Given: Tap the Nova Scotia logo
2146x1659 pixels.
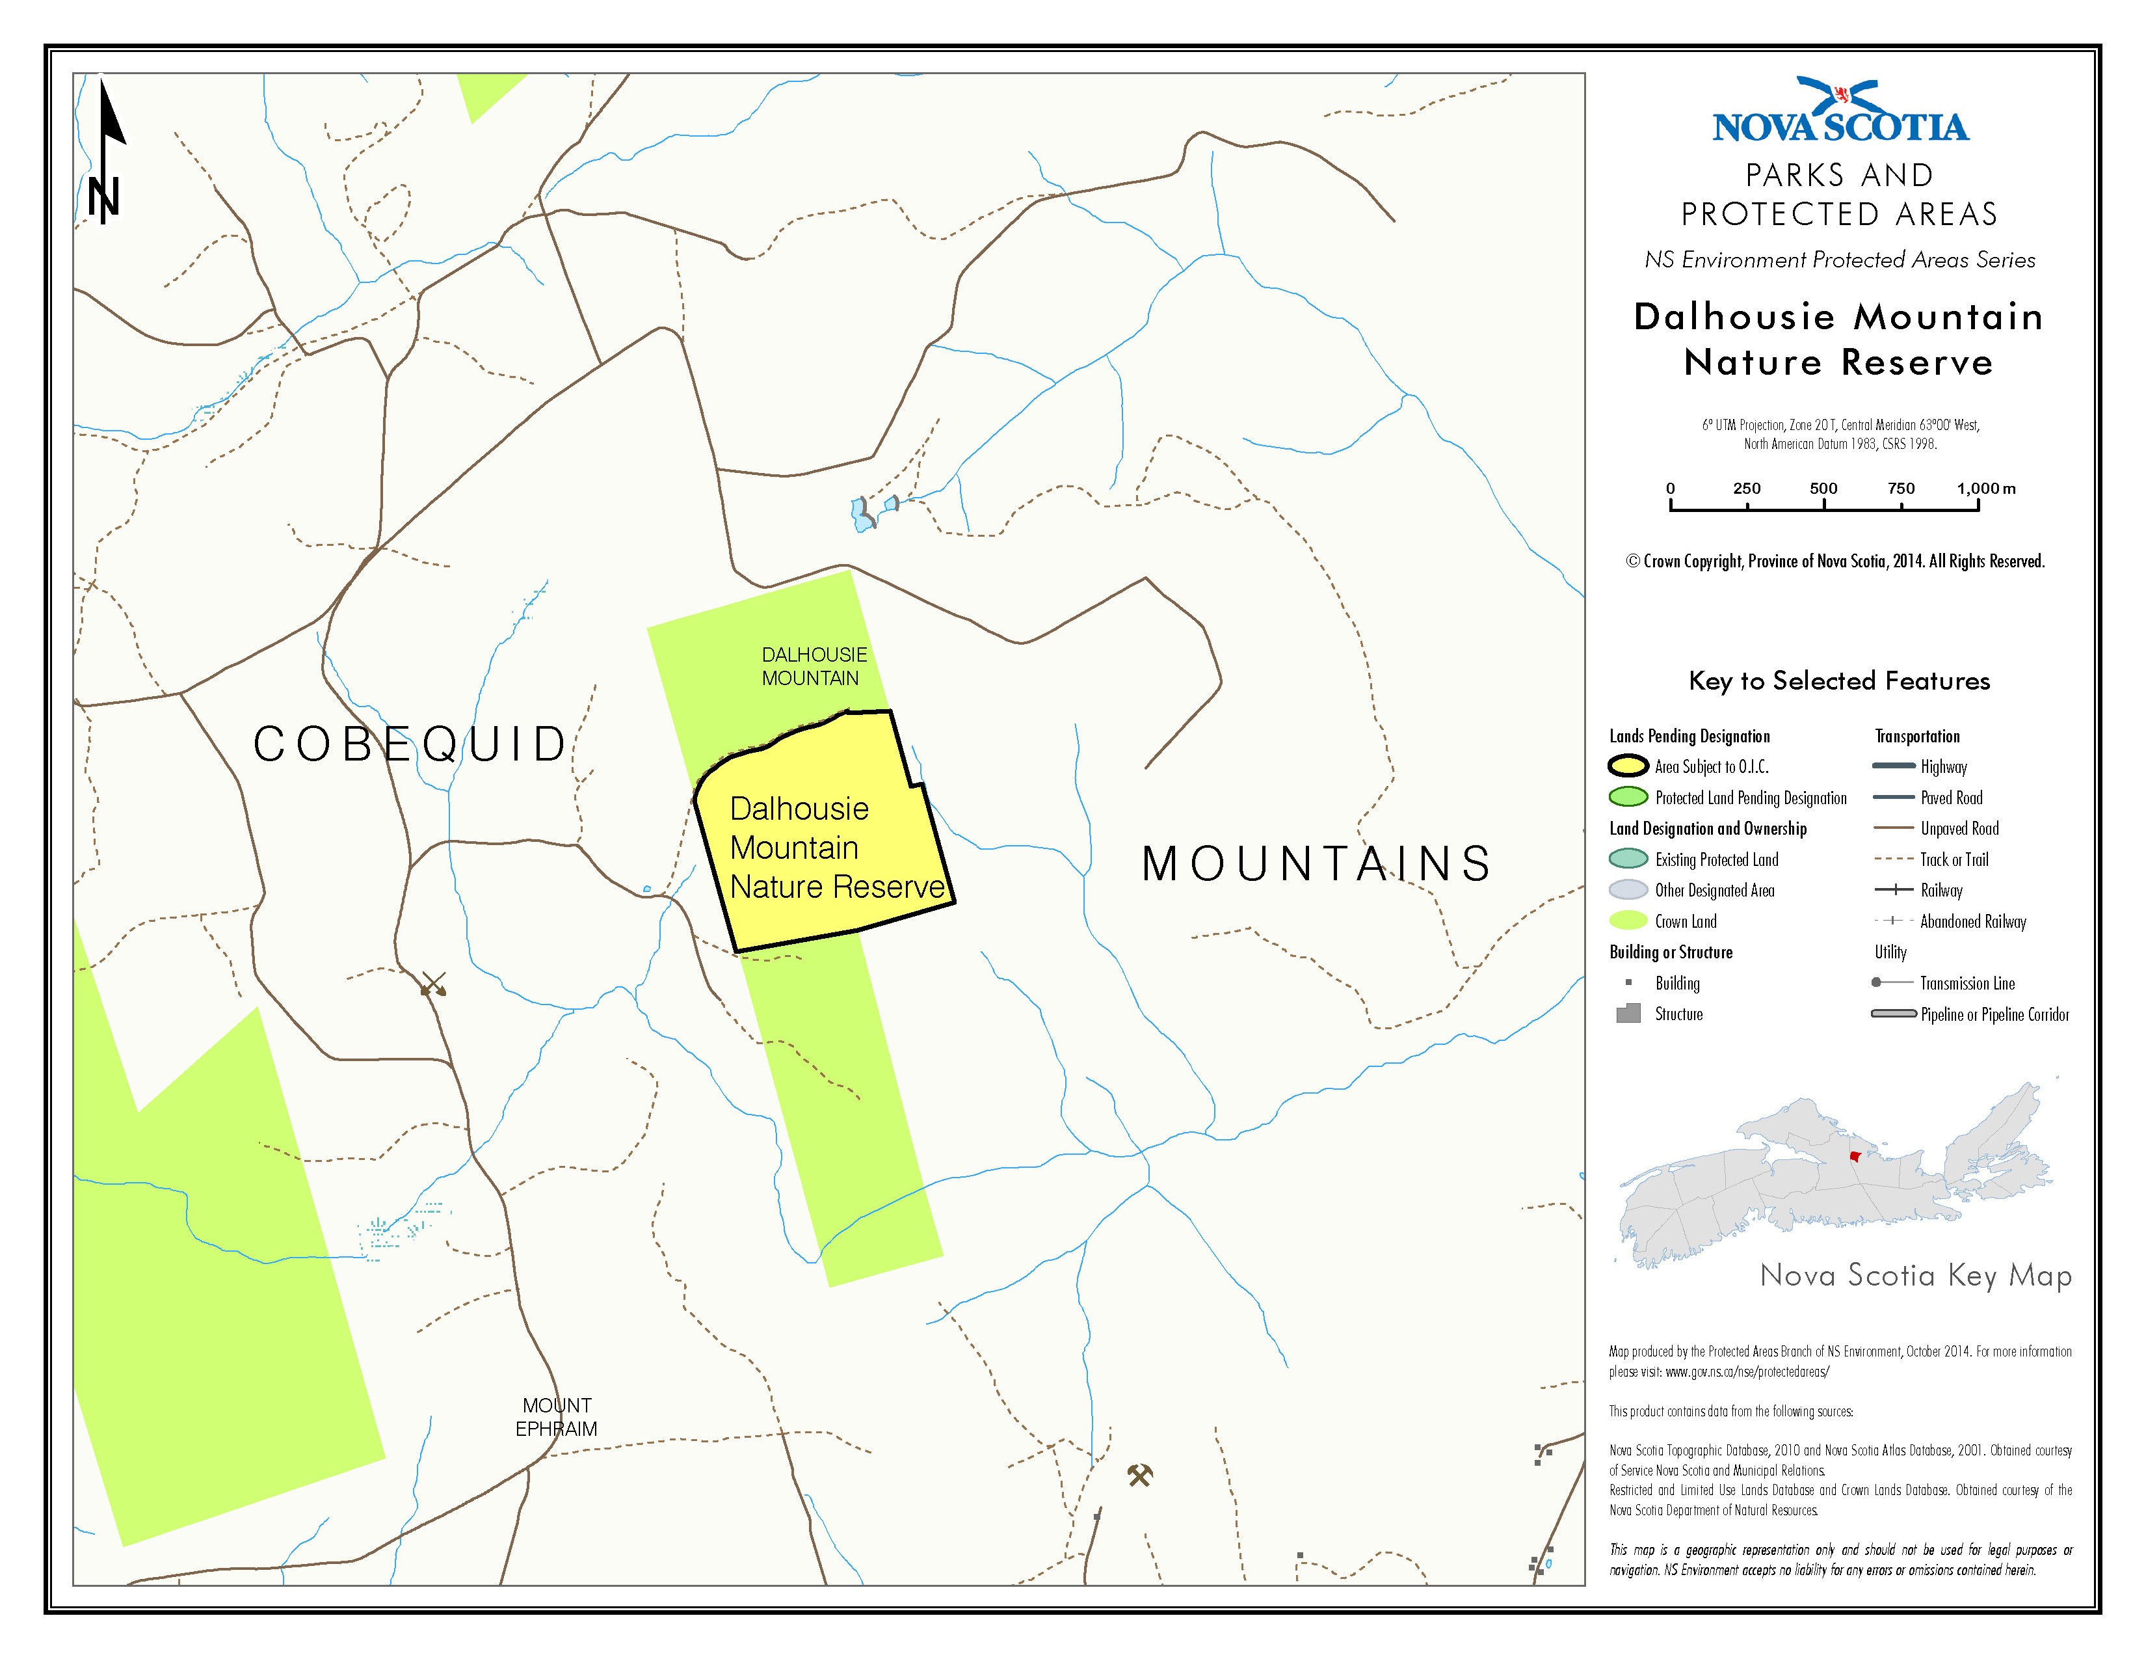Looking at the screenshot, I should click(x=1840, y=113).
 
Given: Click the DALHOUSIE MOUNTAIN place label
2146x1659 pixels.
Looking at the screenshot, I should click(x=813, y=666).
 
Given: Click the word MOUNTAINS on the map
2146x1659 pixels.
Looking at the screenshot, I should click(x=1316, y=865).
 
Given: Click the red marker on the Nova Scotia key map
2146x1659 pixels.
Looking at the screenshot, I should click(x=1854, y=1157).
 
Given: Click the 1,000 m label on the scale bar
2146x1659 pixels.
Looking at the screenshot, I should click(x=1985, y=489).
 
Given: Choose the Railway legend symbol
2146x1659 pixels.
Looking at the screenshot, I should click(x=1894, y=891).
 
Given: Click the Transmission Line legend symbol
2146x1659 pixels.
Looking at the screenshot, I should click(x=1894, y=983).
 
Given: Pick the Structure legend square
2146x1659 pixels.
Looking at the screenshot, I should click(x=1628, y=1013).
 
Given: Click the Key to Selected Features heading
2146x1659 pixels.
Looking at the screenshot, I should click(x=1838, y=681).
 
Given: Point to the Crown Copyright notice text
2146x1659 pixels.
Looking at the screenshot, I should click(x=1835, y=561).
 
